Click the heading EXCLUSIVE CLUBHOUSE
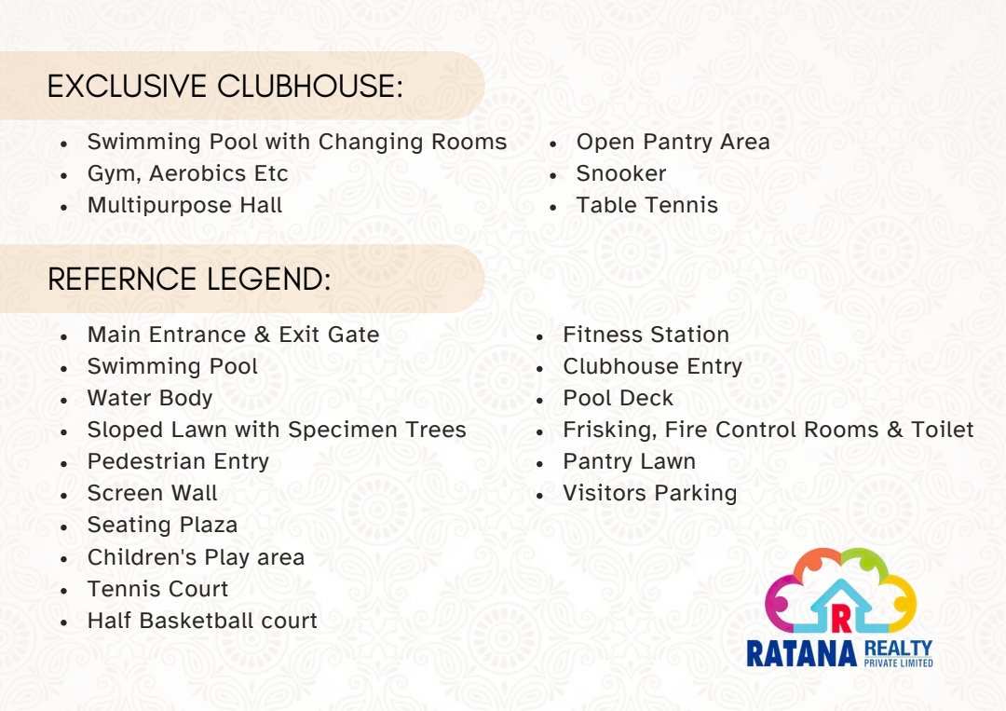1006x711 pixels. (x=225, y=87)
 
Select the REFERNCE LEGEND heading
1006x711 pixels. (x=189, y=280)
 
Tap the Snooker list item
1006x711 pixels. (x=621, y=173)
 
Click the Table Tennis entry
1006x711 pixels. (x=646, y=205)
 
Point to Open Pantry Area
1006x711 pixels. (x=673, y=142)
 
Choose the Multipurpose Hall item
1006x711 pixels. (x=184, y=205)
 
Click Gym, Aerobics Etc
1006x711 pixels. (x=188, y=174)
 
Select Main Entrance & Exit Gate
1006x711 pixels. (x=234, y=335)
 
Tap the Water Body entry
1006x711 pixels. (x=150, y=398)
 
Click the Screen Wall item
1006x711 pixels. (x=153, y=493)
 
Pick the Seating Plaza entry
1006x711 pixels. (x=162, y=525)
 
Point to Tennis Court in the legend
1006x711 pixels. (x=157, y=588)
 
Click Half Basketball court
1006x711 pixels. (x=203, y=621)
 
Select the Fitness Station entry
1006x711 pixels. (x=646, y=335)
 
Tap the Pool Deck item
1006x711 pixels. (x=619, y=398)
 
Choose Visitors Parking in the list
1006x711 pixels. (x=650, y=493)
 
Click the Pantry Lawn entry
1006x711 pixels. (x=630, y=461)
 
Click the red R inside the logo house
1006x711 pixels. (x=841, y=618)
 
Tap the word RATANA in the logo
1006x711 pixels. (x=802, y=654)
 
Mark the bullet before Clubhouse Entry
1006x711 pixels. (x=539, y=368)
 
